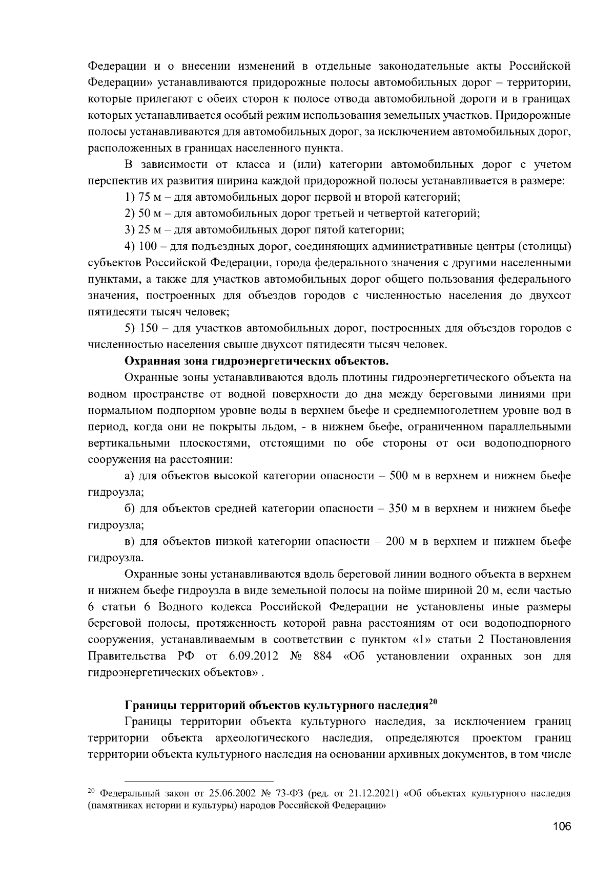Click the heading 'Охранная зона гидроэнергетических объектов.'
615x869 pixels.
[257, 362]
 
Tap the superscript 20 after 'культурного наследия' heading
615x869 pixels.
[432, 702]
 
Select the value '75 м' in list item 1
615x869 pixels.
[149, 197]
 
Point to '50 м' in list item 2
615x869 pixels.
[149, 214]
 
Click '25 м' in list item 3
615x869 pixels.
[149, 230]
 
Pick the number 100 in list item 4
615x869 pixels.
[149, 246]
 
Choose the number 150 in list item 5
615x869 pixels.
[149, 328]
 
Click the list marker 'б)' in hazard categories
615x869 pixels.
[131, 508]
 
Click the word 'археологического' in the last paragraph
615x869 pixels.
[265, 738]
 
